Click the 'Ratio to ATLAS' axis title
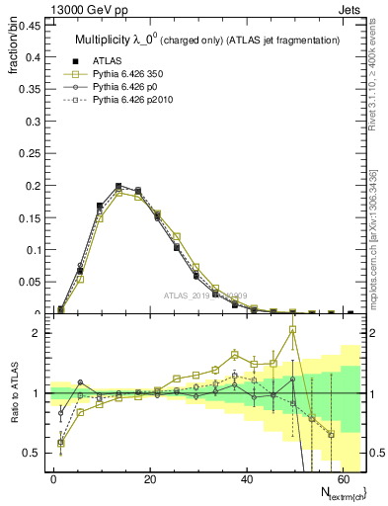[x=14, y=415]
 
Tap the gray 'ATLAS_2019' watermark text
[x=205, y=295]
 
